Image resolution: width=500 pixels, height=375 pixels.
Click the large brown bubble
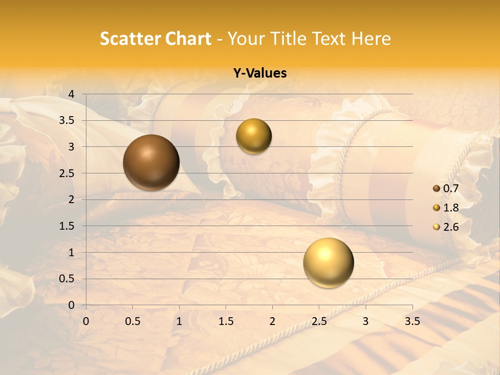[152, 162]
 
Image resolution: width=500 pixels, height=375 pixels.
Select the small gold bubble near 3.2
[254, 136]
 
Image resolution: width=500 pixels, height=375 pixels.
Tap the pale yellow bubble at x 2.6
[328, 262]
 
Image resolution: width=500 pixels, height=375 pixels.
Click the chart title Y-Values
[260, 73]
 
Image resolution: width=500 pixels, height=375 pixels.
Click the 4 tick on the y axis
[72, 94]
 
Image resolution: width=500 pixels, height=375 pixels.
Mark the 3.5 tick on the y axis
[68, 120]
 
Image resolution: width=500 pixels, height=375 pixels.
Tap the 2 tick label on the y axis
[72, 199]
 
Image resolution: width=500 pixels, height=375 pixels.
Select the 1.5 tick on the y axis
[68, 226]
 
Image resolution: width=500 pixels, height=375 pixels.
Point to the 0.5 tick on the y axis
[68, 279]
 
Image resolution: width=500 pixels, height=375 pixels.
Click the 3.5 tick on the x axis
[412, 321]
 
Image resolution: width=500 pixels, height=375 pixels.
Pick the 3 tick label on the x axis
[365, 321]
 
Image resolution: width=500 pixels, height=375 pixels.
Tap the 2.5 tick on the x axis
[319, 321]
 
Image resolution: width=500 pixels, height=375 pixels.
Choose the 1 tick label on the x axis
[179, 321]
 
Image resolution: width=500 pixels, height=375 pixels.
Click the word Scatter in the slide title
[128, 39]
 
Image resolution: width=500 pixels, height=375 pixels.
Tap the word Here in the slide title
[371, 39]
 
